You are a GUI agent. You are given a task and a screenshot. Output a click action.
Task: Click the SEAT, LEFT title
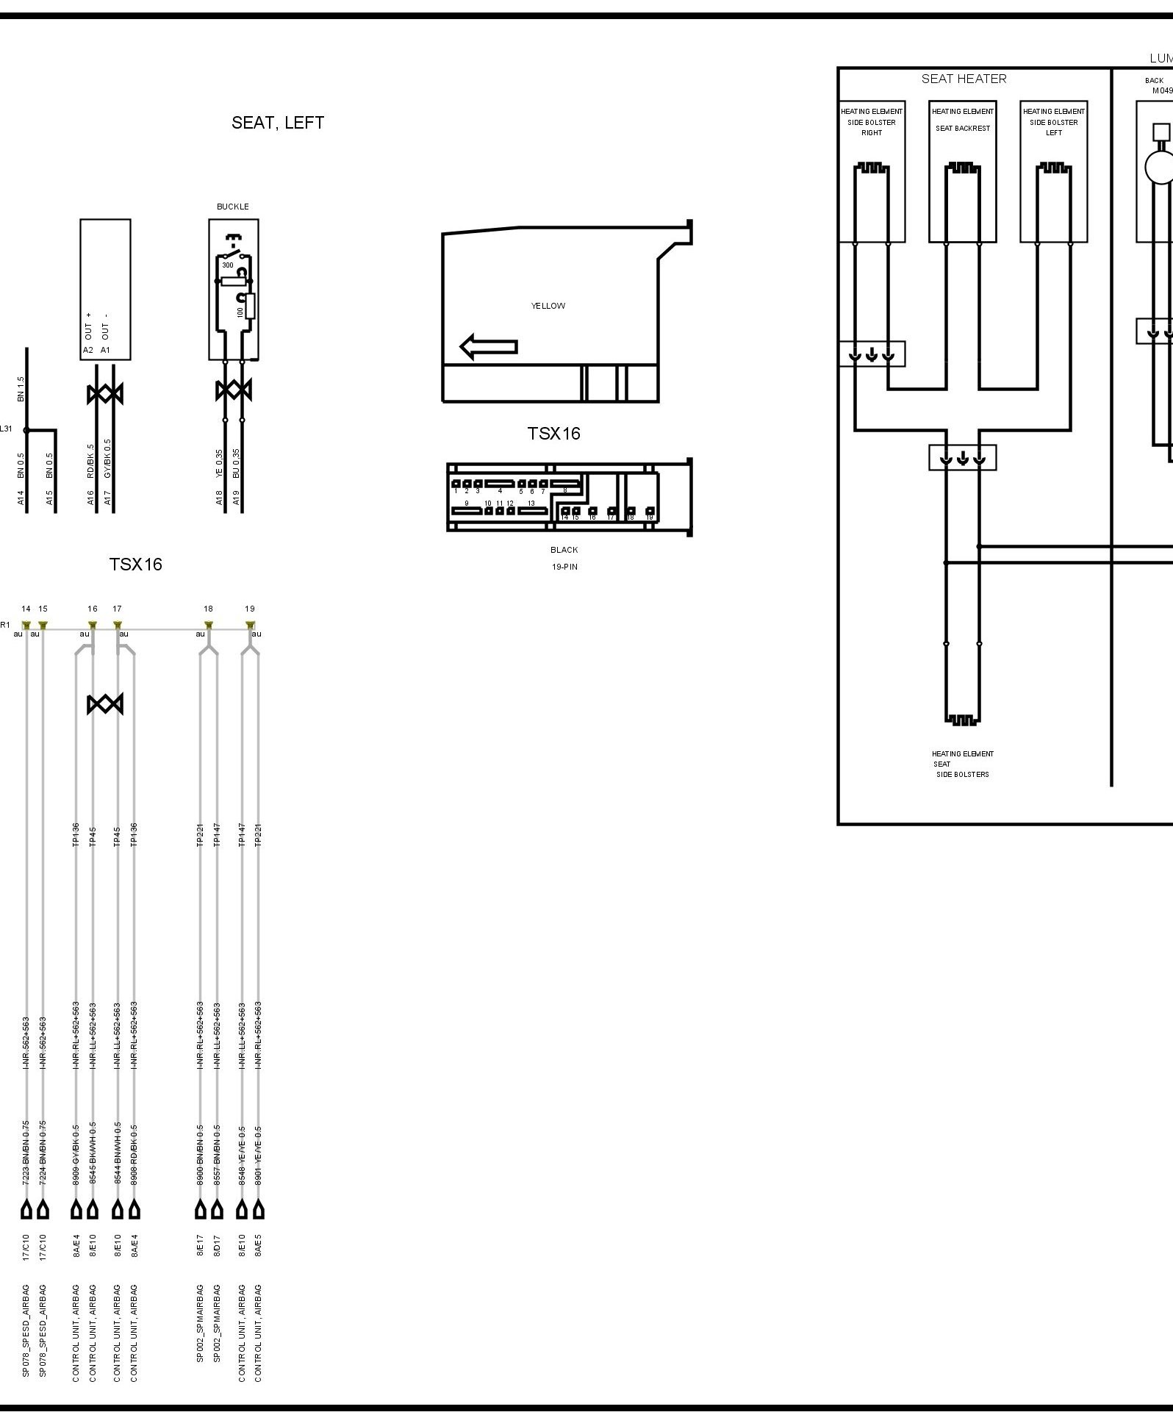pyautogui.click(x=277, y=123)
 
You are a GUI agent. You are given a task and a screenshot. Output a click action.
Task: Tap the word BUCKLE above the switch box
pyautogui.click(x=232, y=207)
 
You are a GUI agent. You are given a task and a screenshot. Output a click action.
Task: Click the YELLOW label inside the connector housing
pyautogui.click(x=548, y=306)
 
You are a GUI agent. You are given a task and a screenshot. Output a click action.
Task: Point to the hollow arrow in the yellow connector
pyautogui.click(x=489, y=347)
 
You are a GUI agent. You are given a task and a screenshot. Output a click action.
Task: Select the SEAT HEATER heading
pyautogui.click(x=964, y=79)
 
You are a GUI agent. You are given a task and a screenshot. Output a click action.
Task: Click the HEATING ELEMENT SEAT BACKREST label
pyautogui.click(x=963, y=120)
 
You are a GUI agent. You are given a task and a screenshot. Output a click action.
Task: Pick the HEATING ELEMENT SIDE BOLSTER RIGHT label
pyautogui.click(x=872, y=122)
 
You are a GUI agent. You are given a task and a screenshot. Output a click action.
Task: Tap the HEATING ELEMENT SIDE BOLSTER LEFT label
pyautogui.click(x=1054, y=122)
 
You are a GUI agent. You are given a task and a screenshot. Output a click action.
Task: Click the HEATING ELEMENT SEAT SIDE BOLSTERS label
pyautogui.click(x=962, y=764)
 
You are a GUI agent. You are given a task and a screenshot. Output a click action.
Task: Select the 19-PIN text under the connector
pyautogui.click(x=564, y=567)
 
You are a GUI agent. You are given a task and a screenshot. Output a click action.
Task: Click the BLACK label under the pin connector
pyautogui.click(x=564, y=550)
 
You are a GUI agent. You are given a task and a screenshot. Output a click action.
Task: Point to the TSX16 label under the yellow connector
pyautogui.click(x=553, y=434)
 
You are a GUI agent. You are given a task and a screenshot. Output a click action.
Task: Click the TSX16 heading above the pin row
pyautogui.click(x=135, y=565)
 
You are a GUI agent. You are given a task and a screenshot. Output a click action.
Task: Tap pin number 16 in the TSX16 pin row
pyautogui.click(x=93, y=609)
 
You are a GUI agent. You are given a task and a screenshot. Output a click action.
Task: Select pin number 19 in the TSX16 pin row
pyautogui.click(x=250, y=609)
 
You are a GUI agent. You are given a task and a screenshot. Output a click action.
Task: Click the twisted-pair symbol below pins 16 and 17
pyautogui.click(x=105, y=704)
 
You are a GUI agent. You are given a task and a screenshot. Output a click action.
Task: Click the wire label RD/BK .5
pyautogui.click(x=91, y=462)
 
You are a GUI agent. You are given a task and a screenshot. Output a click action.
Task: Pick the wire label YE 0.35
pyautogui.click(x=219, y=465)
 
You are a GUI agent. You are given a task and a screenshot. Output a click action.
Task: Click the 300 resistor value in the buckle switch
pyautogui.click(x=228, y=265)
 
